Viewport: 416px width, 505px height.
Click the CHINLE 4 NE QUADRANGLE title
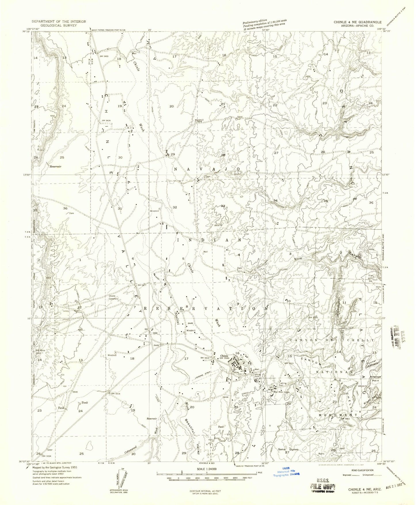pyautogui.click(x=358, y=22)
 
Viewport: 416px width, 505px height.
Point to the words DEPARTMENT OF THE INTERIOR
pyautogui.click(x=59, y=22)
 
